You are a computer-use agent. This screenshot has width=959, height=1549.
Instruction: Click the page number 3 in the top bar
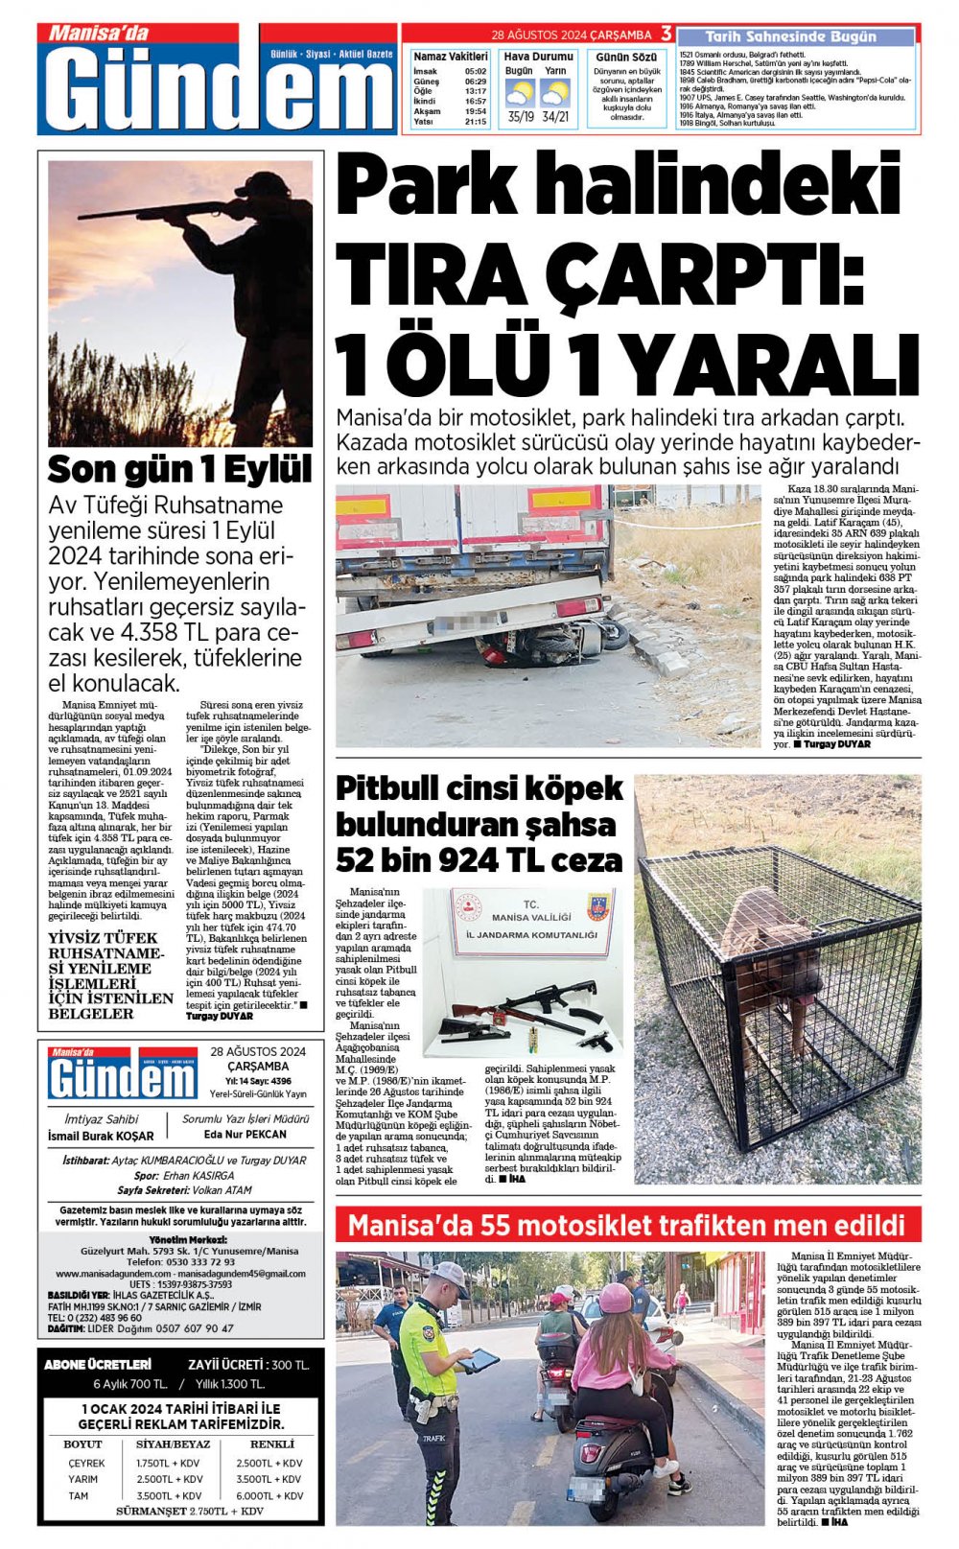666,33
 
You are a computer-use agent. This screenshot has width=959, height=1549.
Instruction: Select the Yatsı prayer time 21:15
475,122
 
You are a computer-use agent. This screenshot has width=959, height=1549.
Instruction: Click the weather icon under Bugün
520,93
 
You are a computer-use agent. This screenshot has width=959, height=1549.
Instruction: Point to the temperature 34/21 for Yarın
555,117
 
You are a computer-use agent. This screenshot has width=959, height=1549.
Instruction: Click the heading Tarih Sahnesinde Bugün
791,37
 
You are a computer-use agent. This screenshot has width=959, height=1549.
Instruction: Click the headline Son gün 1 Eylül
180,470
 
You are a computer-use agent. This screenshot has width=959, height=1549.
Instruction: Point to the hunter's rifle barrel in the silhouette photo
144,210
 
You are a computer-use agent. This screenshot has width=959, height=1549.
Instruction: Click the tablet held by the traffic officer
479,1359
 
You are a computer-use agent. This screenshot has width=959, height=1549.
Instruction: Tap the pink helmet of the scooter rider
615,1298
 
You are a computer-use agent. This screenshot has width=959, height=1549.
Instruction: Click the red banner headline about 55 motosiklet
627,1226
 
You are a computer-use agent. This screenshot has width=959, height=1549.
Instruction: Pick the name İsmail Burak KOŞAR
101,1136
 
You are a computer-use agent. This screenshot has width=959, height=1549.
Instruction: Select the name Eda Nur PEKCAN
246,1134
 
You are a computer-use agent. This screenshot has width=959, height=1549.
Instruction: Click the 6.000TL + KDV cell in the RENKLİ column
269,1495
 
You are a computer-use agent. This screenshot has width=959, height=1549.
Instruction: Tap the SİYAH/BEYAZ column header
174,1443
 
